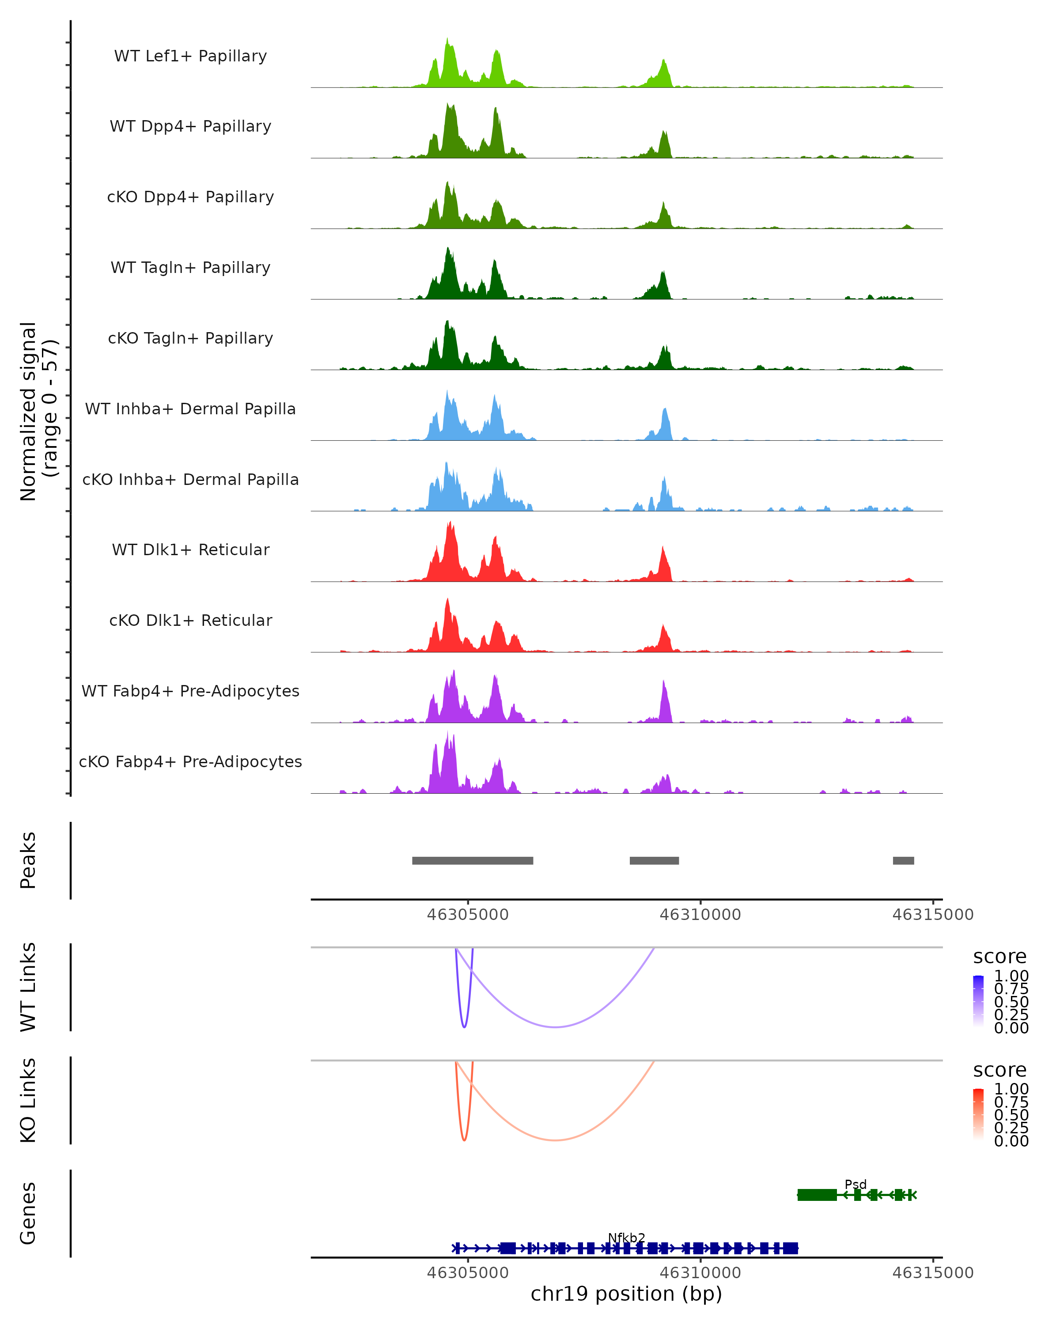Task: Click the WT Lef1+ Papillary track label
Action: [190, 56]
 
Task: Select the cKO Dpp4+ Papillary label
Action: [190, 197]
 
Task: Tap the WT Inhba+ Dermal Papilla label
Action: [190, 409]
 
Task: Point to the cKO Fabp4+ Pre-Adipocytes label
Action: [190, 762]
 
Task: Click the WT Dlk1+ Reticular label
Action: [190, 550]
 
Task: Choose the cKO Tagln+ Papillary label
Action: [190, 339]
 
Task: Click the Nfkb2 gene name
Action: [626, 1238]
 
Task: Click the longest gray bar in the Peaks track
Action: [472, 860]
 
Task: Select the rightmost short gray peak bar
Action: [903, 860]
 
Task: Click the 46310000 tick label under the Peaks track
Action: [700, 915]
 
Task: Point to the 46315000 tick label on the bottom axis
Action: [932, 1273]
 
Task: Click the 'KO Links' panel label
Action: [28, 1101]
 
